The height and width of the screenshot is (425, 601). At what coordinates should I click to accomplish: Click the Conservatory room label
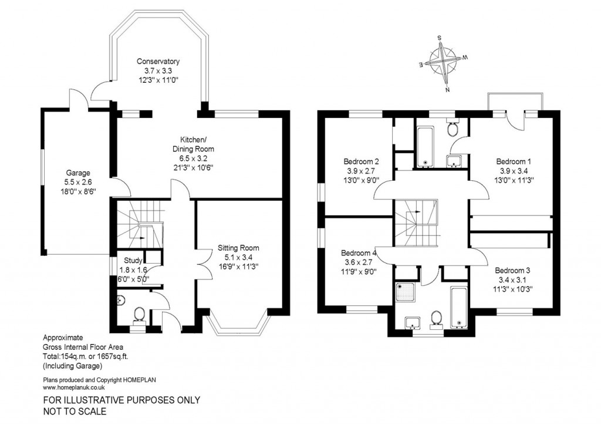[x=158, y=61]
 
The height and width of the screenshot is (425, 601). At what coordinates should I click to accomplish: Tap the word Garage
[x=78, y=173]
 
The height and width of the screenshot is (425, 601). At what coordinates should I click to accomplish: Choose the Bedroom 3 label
[x=512, y=271]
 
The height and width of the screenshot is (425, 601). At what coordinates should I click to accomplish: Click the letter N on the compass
[x=447, y=90]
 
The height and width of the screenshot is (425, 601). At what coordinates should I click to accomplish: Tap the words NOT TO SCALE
[x=75, y=411]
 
